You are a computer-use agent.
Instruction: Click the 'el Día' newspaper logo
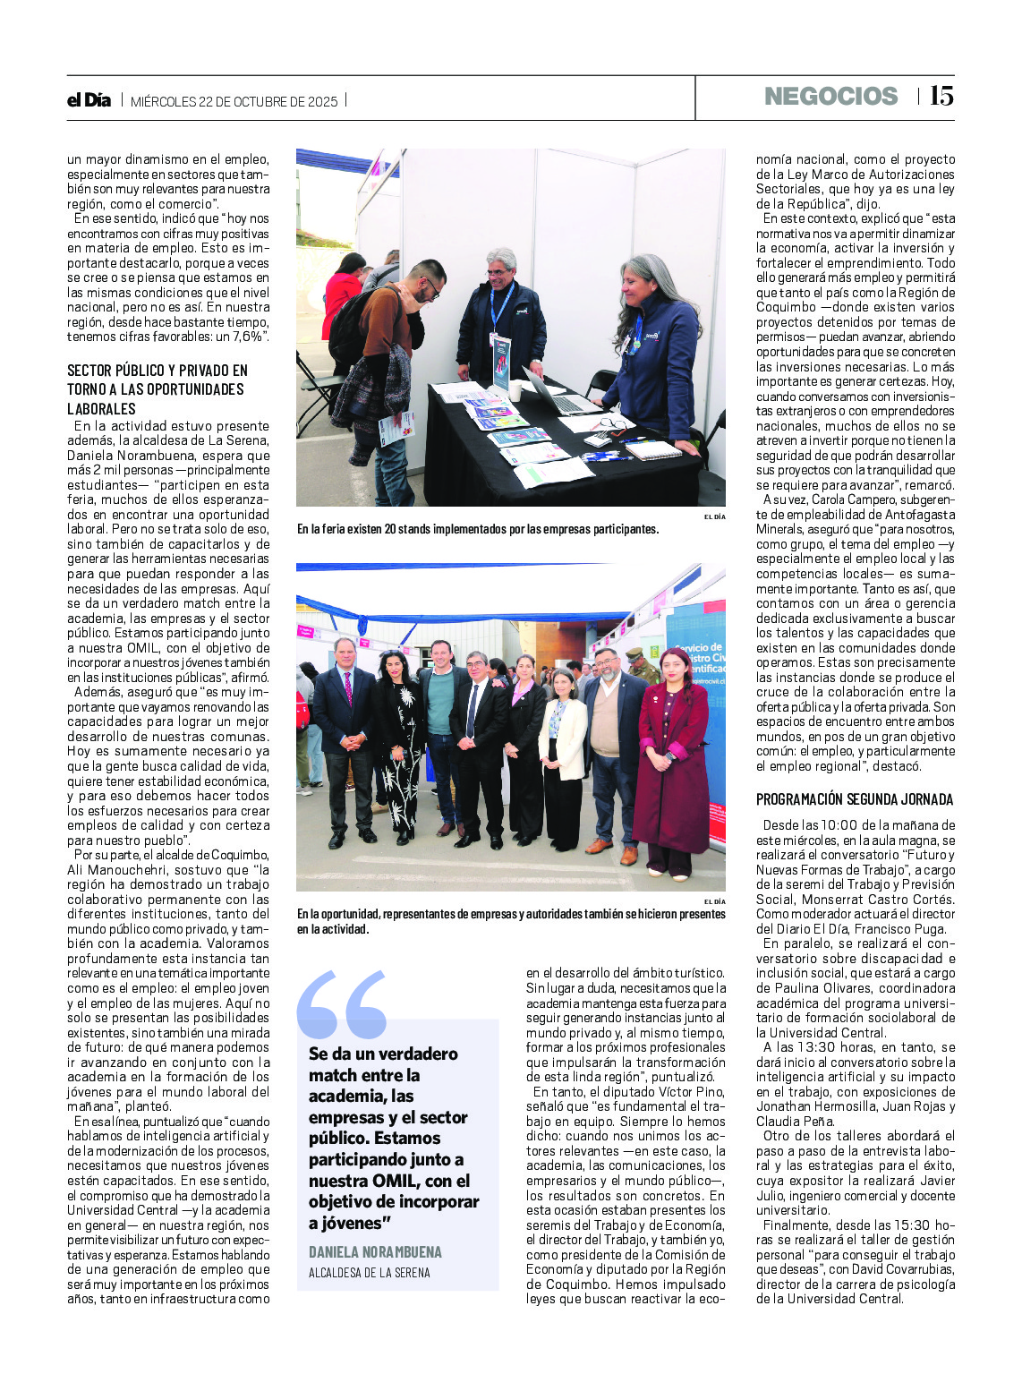tap(89, 100)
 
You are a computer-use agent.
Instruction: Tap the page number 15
tap(941, 96)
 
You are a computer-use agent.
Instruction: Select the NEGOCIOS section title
tap(830, 96)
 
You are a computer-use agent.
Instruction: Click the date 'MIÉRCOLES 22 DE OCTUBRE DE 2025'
tap(234, 101)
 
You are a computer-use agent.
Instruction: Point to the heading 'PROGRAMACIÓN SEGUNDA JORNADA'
tap(855, 799)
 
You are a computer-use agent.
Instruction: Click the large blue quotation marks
tap(341, 1003)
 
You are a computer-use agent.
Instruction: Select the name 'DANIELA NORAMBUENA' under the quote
tap(375, 1251)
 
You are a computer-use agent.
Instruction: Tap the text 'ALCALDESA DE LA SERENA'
tap(369, 1272)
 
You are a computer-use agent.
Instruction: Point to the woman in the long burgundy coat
tap(672, 761)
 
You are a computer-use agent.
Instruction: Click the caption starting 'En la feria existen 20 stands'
tap(478, 529)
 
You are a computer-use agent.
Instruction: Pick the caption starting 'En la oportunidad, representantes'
tap(511, 921)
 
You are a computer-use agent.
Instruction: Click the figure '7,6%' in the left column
tap(248, 337)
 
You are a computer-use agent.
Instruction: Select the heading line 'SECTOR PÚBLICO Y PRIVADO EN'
tap(158, 371)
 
